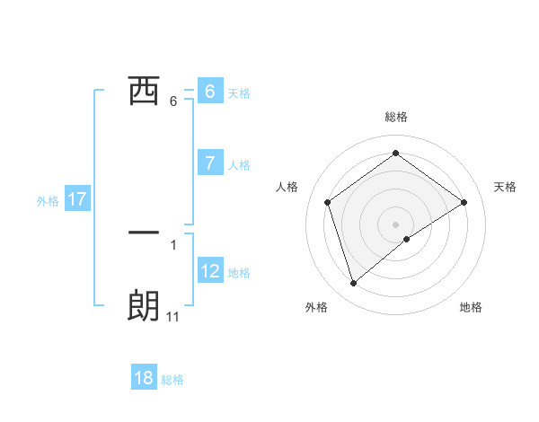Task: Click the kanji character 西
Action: point(144,92)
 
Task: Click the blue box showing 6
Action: point(209,92)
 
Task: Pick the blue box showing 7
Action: point(209,163)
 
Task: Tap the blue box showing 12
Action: point(210,270)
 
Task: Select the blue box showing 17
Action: point(77,199)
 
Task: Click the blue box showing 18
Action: point(144,378)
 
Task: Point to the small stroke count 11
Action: point(173,317)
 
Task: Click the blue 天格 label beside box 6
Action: point(239,92)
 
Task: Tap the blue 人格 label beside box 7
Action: point(239,165)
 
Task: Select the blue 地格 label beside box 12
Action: point(239,272)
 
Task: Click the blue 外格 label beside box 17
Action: point(48,201)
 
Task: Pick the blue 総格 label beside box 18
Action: point(172,380)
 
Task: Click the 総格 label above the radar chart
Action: point(395,117)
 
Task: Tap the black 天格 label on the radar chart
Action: point(506,187)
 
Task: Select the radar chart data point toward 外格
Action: point(354,284)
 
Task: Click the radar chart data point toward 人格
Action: point(327,202)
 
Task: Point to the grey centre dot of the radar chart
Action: point(395,224)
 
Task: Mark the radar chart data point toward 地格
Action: point(407,239)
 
